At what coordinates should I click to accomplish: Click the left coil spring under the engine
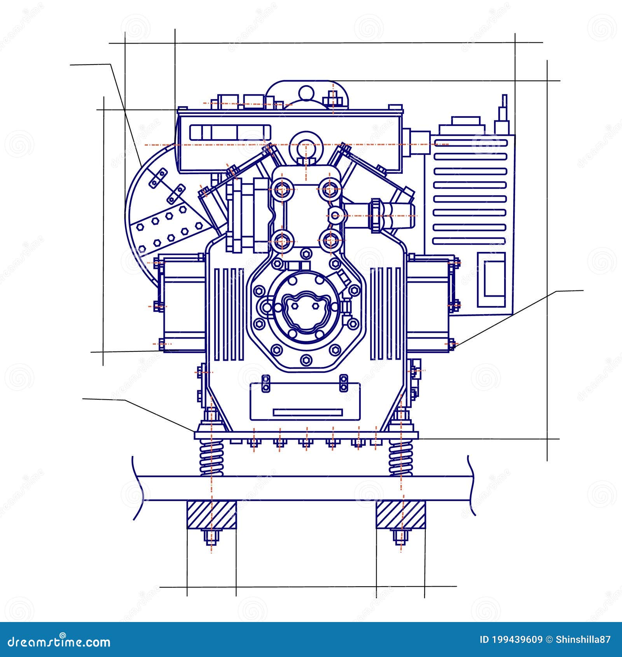pyautogui.click(x=212, y=457)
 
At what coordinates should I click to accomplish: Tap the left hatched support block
pyautogui.click(x=212, y=514)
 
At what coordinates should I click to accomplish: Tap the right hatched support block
pyautogui.click(x=401, y=514)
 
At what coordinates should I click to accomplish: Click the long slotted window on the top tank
pyautogui.click(x=230, y=132)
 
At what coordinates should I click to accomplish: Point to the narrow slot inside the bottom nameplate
pyautogui.click(x=308, y=412)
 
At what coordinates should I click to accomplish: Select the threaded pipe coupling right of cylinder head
pyautogui.click(x=376, y=215)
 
